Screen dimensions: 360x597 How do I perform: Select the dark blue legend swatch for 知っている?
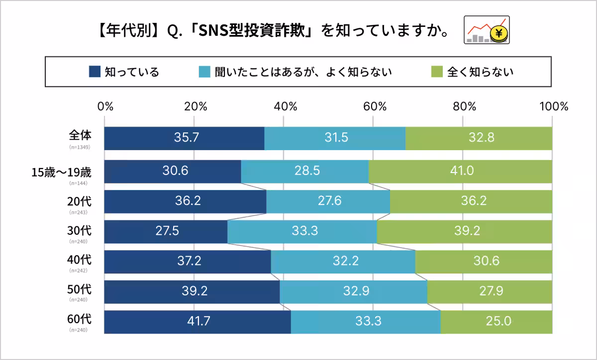coord(95,72)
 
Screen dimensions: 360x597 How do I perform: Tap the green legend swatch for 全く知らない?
coord(436,72)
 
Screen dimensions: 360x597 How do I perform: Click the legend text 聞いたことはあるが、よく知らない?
coord(302,72)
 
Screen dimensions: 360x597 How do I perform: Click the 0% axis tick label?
coord(105,106)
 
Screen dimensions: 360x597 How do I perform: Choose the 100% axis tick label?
coord(552,106)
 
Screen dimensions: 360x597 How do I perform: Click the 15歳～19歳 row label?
coord(61,173)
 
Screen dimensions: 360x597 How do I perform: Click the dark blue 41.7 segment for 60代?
coord(197,322)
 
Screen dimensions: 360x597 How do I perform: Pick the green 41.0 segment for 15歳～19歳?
coord(460,171)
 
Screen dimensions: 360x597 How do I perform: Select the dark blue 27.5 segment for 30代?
coord(166,231)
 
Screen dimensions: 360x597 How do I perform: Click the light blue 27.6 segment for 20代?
coord(328,201)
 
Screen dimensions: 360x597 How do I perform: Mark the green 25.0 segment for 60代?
coord(496,322)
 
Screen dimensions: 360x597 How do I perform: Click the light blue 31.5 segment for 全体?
coord(335,138)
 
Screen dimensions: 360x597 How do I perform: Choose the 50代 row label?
coord(80,288)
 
